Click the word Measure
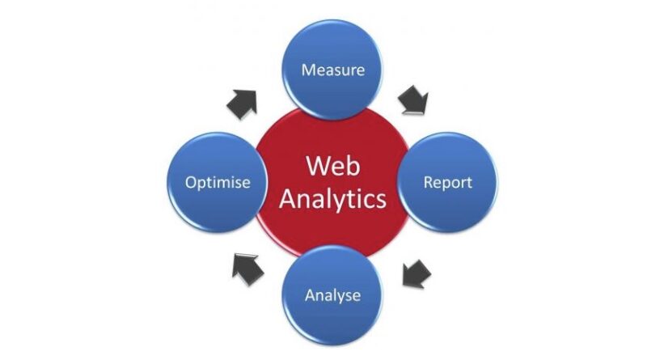tap(332, 70)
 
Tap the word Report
tap(447, 182)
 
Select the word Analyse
tap(332, 295)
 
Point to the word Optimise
tap(216, 182)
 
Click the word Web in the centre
tap(332, 167)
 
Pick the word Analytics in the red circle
tap(332, 198)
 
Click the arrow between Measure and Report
tap(413, 100)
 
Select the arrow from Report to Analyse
tap(416, 273)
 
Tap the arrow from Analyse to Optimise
tap(247, 268)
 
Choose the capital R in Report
tap(429, 182)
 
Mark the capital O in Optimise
tap(191, 182)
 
